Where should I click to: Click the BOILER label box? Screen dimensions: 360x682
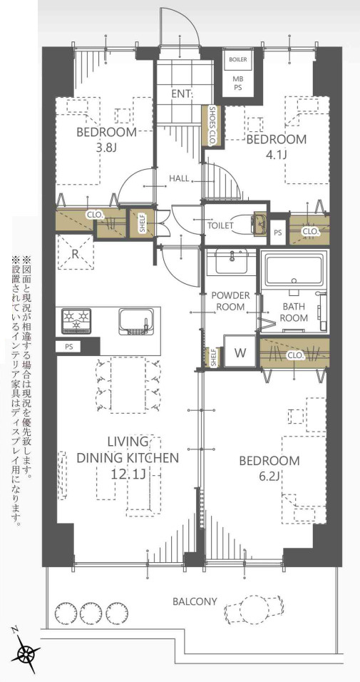[237, 60]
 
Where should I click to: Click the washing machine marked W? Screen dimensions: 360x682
[240, 352]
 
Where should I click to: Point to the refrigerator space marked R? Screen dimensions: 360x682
[76, 253]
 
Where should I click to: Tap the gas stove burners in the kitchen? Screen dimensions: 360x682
[76, 320]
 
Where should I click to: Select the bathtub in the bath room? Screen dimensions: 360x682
[294, 270]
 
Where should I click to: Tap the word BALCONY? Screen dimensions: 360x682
[195, 602]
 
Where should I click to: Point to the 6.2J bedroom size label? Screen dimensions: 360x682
[269, 475]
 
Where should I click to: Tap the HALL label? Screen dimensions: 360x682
[179, 178]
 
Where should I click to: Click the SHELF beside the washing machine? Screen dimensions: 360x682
[213, 357]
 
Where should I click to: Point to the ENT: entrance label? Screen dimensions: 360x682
[178, 93]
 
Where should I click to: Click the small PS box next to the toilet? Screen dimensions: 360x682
[278, 233]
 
